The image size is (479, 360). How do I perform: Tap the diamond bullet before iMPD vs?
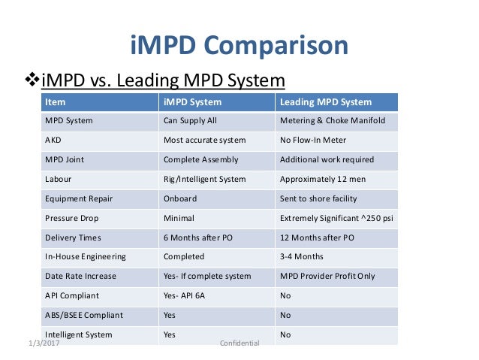32,80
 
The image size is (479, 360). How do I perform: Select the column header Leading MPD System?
325,101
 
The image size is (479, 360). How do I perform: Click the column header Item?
55,101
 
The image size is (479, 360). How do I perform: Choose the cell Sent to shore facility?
318,198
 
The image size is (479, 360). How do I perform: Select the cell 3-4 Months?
301,256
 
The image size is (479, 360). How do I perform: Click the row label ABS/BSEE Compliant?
83,315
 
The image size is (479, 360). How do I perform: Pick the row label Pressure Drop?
72,218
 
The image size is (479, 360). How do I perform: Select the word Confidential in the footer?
239,343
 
